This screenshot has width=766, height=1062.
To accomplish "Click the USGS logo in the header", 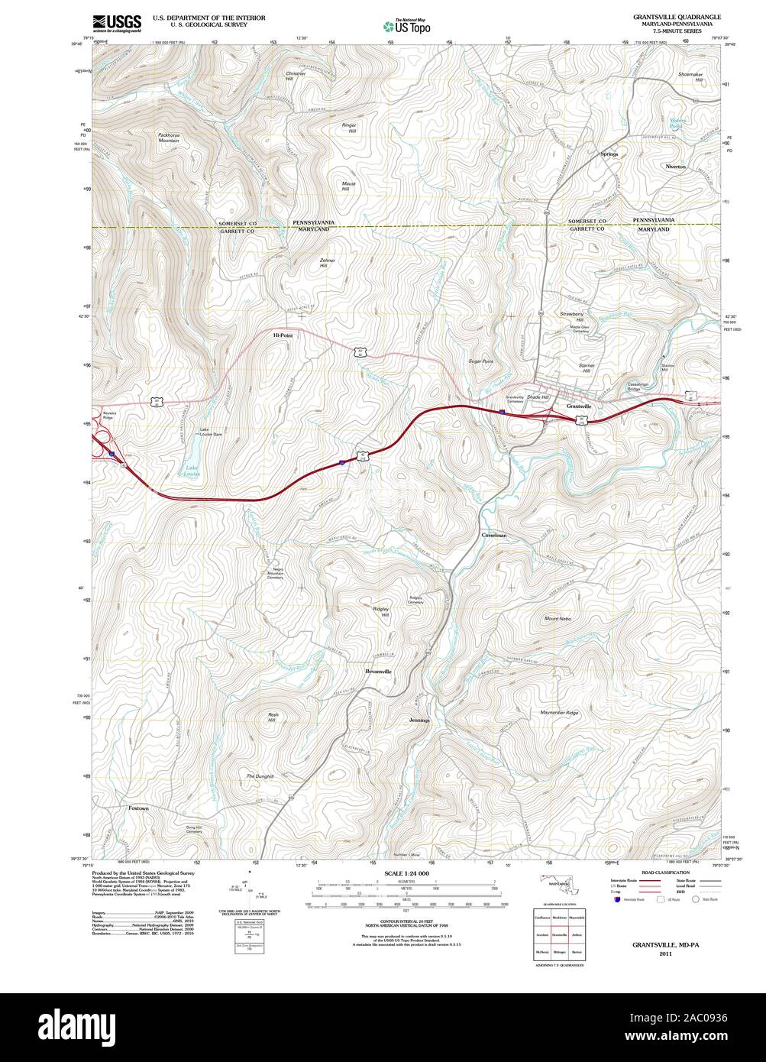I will [x=117, y=23].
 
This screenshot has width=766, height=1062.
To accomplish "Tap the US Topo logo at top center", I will [x=407, y=26].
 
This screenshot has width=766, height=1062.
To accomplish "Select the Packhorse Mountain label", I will [x=169, y=138].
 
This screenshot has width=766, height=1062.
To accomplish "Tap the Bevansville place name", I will [x=378, y=671].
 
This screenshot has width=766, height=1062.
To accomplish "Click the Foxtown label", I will [x=138, y=808].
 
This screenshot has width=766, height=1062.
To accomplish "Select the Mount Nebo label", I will [x=558, y=618].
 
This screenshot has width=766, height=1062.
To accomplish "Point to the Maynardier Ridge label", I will [x=560, y=713].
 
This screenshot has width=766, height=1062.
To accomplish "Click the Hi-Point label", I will [x=283, y=335].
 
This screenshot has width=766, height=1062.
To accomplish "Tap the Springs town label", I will [x=609, y=154].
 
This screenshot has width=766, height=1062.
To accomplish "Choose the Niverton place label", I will [x=675, y=166].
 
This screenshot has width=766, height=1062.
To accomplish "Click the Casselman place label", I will [x=493, y=536].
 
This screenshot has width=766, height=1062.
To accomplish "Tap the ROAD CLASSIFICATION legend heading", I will [x=665, y=872].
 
